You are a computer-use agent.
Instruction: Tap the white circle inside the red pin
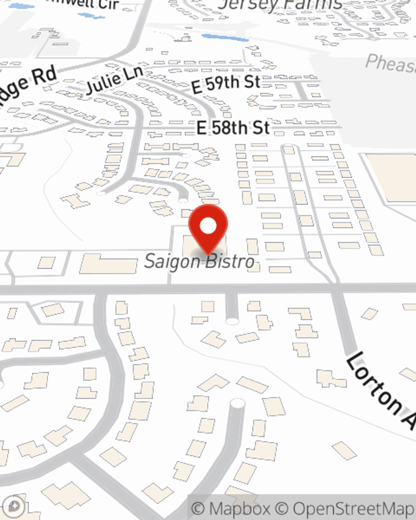point(208,226)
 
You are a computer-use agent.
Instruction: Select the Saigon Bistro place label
point(199,262)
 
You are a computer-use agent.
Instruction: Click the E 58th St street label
point(233,128)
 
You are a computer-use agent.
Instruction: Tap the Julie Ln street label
point(114,79)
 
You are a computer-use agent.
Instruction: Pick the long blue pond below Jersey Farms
point(225,38)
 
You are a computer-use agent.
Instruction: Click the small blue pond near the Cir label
point(92,16)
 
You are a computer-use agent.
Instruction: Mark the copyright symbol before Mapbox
point(198,508)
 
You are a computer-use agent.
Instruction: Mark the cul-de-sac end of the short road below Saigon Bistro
point(232,320)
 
